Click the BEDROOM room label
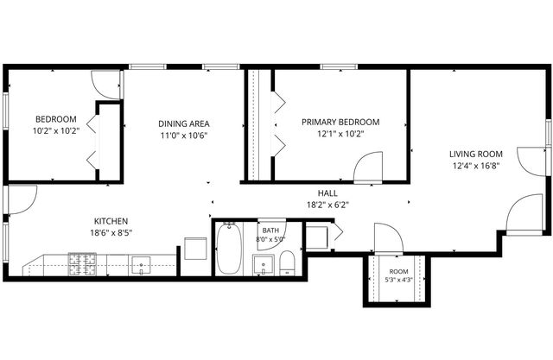click(56, 119)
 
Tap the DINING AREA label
click(184, 123)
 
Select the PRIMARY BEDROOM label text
click(340, 122)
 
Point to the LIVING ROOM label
click(476, 154)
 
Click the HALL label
click(327, 193)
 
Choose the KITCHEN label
click(111, 221)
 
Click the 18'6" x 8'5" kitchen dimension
click(111, 232)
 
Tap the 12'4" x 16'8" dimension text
click(476, 166)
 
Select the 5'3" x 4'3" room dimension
click(398, 280)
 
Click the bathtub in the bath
click(229, 249)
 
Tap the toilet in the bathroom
click(287, 263)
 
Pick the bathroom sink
click(263, 265)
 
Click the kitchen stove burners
click(82, 264)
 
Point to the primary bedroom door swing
click(368, 167)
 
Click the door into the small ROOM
click(388, 238)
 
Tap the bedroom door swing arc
click(105, 85)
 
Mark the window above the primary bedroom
click(339, 66)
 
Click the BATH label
click(270, 231)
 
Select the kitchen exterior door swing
click(22, 199)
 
